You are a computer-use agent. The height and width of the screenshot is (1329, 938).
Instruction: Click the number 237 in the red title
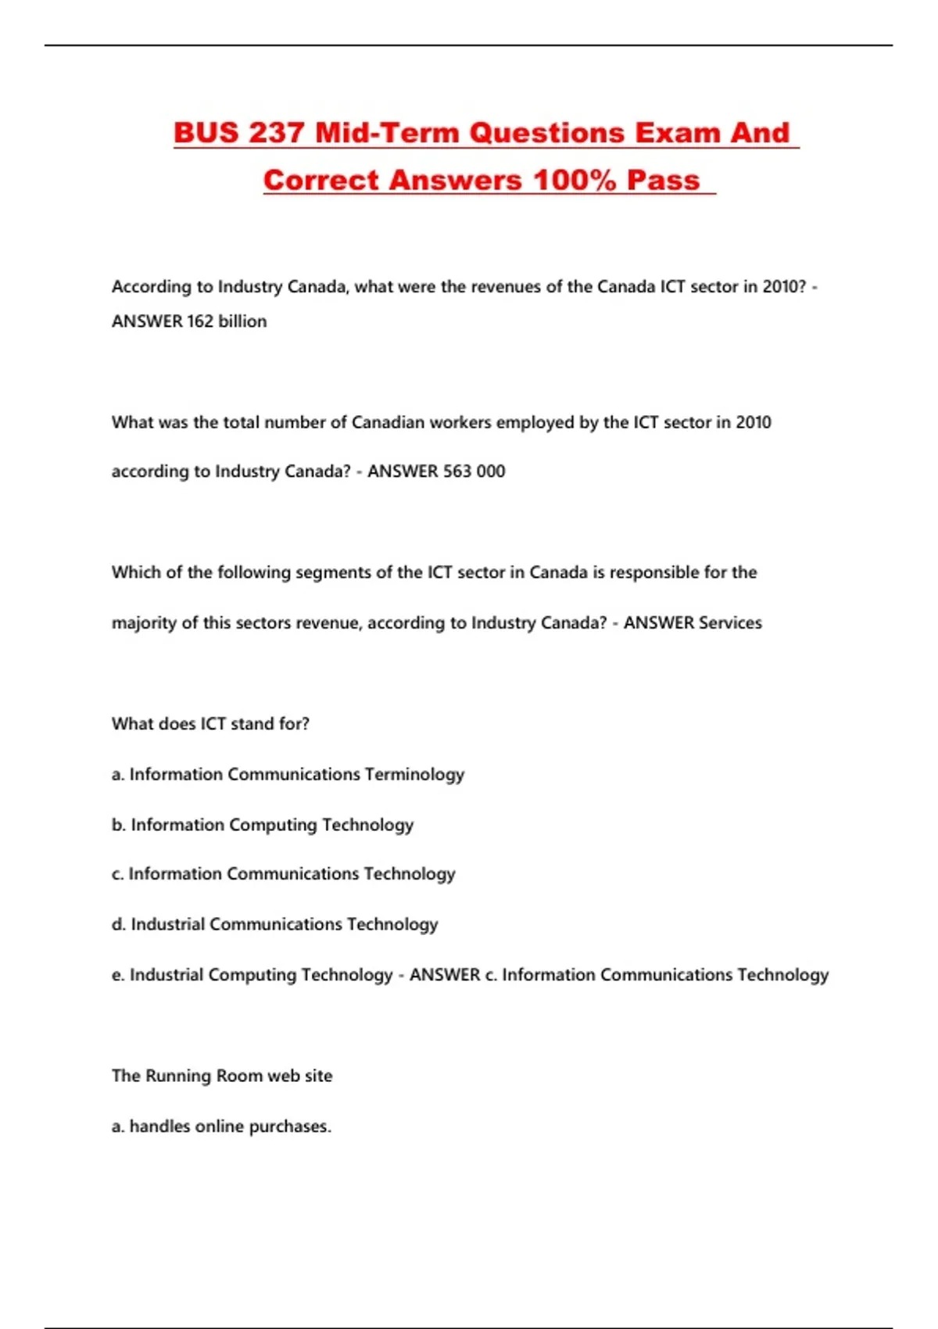277,133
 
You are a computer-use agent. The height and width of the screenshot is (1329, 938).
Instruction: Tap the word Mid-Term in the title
387,133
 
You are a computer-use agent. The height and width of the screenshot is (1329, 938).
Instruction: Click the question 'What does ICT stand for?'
210,724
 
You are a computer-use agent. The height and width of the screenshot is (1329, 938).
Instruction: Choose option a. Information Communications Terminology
288,775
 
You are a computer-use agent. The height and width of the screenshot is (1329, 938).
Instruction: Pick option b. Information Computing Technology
263,825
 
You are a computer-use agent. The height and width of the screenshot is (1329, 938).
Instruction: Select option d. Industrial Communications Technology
274,925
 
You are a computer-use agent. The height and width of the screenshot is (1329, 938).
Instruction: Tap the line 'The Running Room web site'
222,1076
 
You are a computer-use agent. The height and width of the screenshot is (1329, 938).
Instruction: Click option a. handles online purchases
221,1127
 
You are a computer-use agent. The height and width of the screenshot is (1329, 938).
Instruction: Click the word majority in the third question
144,623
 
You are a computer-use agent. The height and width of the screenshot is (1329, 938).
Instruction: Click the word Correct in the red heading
320,180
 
